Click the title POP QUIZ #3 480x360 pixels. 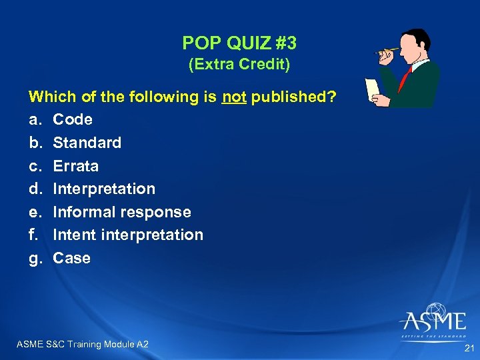click(x=239, y=43)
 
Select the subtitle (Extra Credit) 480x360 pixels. click(x=239, y=65)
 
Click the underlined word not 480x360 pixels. click(x=235, y=97)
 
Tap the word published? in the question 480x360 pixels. click(x=294, y=97)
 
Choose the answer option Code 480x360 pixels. click(x=73, y=120)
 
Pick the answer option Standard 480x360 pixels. click(x=87, y=143)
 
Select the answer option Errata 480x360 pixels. click(x=76, y=166)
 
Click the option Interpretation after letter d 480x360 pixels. click(x=104, y=189)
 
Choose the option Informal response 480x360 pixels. click(x=122, y=212)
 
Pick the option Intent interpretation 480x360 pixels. click(x=128, y=235)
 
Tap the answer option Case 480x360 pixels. click(x=72, y=258)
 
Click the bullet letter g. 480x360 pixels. click(x=35, y=259)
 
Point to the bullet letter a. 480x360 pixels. click(x=35, y=120)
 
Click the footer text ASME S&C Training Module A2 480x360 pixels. click(x=82, y=344)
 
